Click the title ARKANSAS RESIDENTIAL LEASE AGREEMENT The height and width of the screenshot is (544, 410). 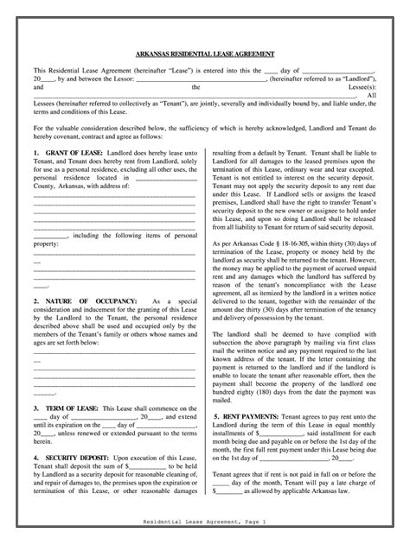point(205,54)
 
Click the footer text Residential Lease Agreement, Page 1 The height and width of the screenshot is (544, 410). point(205,524)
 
